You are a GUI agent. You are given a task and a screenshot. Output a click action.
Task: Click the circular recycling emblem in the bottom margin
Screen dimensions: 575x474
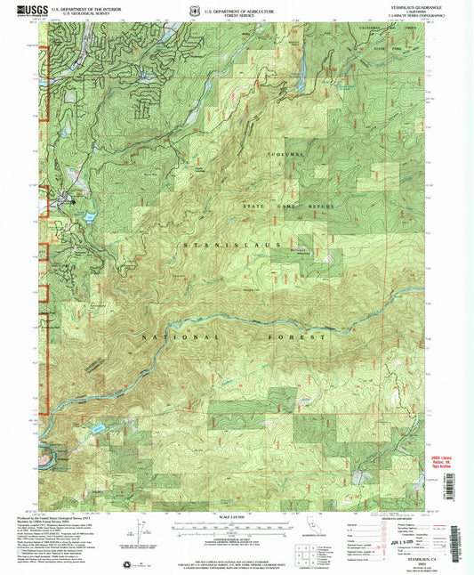(124, 563)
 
